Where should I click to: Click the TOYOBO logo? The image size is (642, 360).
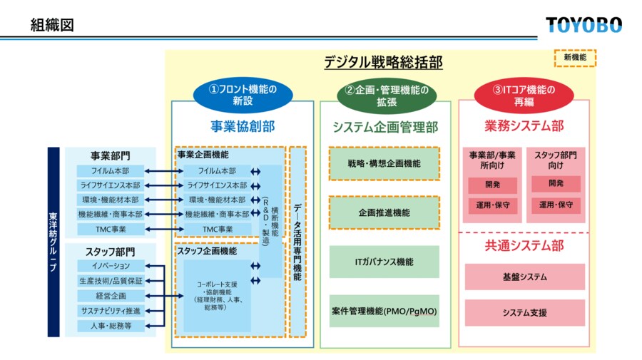584,25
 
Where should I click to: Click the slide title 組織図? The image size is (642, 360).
52,26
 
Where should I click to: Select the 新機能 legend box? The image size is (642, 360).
574,58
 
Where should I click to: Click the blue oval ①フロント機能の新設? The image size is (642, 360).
242,95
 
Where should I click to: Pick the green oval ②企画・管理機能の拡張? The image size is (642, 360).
386,95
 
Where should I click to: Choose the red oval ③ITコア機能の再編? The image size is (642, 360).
524,95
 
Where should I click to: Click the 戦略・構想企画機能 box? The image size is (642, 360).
384,163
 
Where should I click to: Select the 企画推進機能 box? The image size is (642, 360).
384,212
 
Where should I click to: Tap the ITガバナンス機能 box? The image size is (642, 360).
384,262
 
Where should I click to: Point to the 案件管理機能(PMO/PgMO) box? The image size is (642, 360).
384,311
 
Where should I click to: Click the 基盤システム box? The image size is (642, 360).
524,277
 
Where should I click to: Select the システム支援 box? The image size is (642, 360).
524,312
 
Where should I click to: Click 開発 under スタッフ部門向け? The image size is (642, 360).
556,184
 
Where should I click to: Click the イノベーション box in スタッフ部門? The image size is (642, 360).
111,266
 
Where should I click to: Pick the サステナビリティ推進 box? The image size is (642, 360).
111,311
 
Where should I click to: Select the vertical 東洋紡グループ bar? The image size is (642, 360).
53,242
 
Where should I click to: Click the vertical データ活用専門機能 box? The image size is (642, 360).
297,242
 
